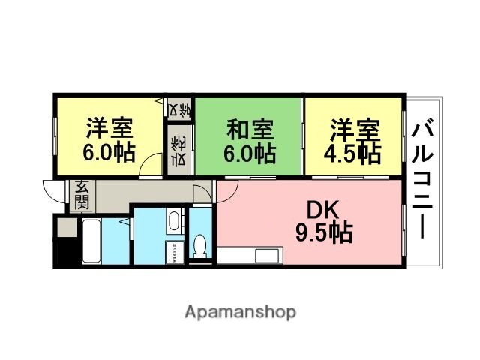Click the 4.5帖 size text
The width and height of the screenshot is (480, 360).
pyautogui.click(x=353, y=153)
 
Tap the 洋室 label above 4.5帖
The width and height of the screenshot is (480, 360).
pyautogui.click(x=353, y=129)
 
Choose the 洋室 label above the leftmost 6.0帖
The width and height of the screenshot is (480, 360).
pyautogui.click(x=109, y=129)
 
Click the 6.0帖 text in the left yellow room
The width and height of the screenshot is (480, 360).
pyautogui.click(x=109, y=153)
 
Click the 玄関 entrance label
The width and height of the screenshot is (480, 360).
pyautogui.click(x=82, y=195)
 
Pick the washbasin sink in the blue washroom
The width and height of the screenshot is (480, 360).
pyautogui.click(x=172, y=220)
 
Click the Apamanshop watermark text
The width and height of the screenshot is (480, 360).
pyautogui.click(x=240, y=310)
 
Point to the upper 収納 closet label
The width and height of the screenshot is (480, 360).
pyautogui.click(x=179, y=109)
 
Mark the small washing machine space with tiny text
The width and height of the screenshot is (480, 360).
pyautogui.click(x=172, y=252)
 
